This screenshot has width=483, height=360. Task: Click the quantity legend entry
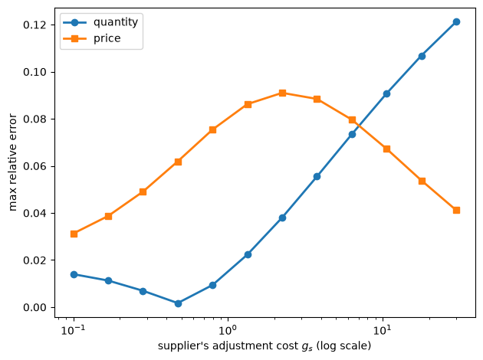100,22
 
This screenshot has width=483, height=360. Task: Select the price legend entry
92,38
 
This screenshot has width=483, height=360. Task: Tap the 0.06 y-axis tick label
35,166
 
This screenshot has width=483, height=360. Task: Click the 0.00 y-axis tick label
35,307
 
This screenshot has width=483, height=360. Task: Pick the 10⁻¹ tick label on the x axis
74,330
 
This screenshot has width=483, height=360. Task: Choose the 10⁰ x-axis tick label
228,330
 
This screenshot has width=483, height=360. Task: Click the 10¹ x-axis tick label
383,330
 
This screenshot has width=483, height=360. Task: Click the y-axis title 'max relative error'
12,162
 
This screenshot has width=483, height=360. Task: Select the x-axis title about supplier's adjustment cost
264,346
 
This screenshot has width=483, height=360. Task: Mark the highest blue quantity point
456,22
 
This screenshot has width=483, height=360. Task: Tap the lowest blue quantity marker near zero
178,303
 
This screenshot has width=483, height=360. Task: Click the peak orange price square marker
282,93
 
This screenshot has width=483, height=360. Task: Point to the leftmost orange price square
74,234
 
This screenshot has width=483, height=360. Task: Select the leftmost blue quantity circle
74,274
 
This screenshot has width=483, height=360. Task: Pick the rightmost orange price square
456,211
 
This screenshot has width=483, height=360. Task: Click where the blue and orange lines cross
359,126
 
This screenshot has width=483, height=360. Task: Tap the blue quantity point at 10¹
386,94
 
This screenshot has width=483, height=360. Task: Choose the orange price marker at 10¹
386,149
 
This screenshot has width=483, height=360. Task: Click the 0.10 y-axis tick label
35,72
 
